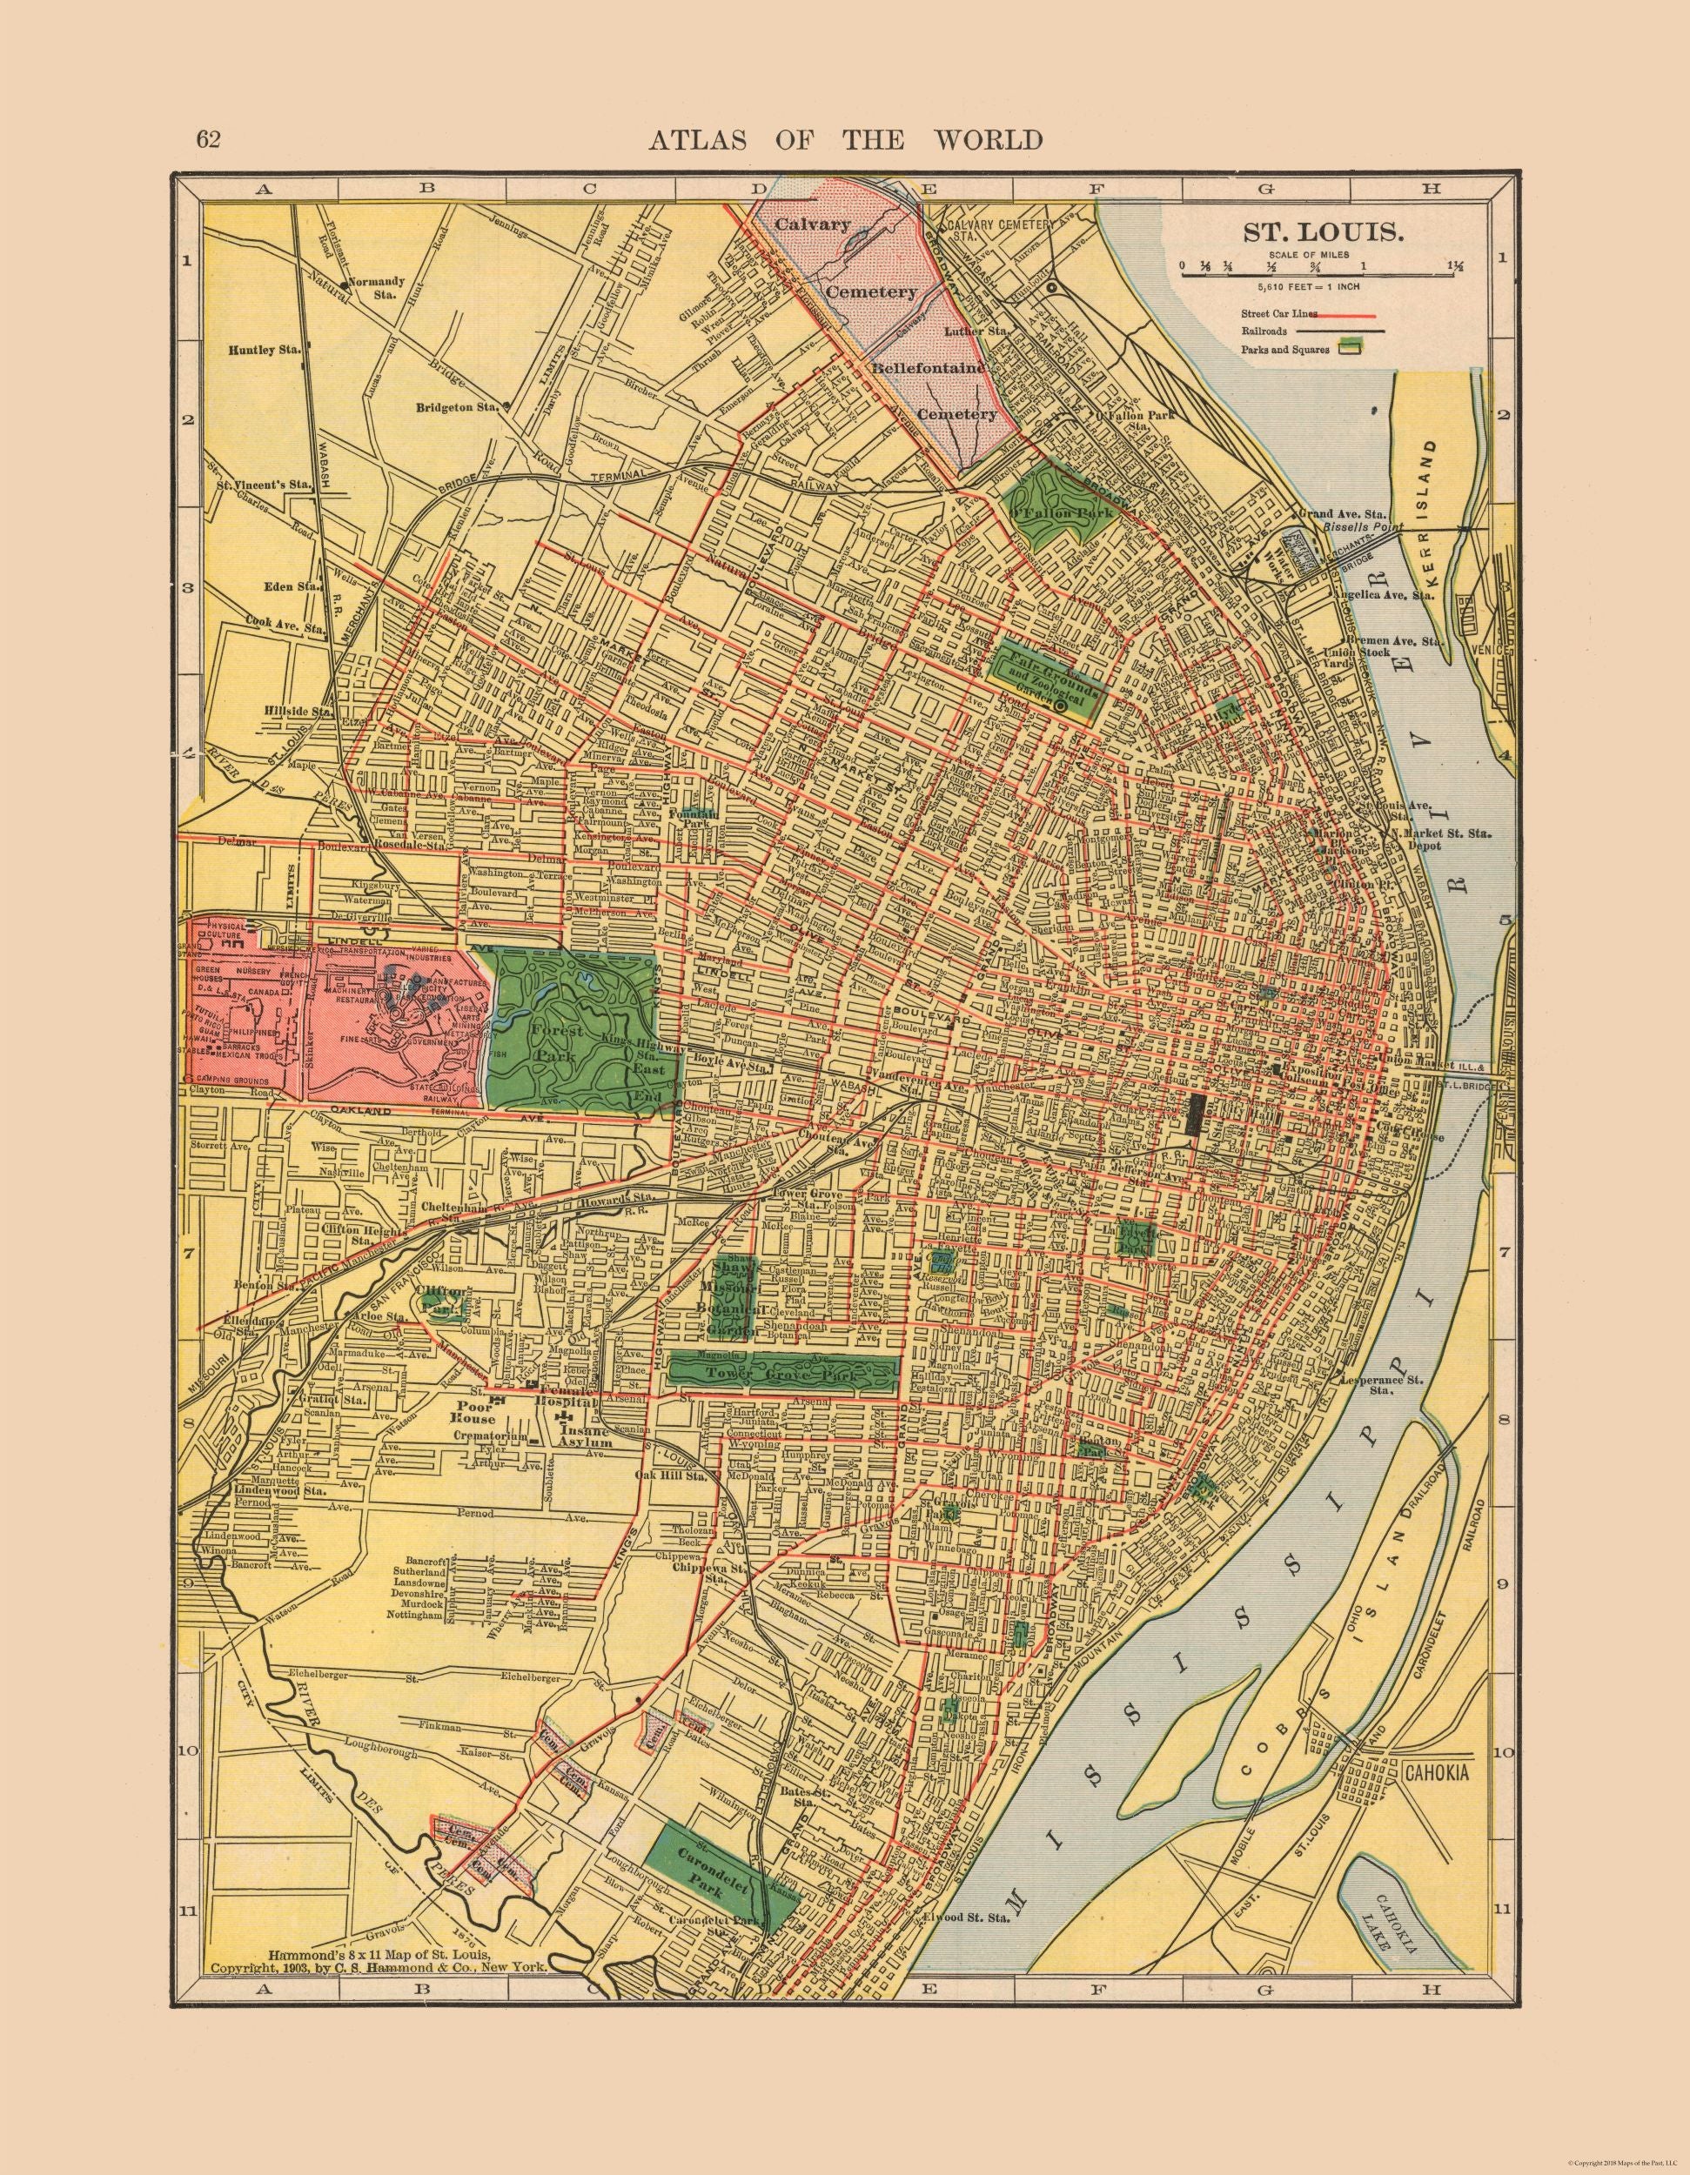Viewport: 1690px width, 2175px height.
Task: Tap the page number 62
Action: coord(208,138)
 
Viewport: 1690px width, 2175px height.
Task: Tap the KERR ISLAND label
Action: coord(1435,509)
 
